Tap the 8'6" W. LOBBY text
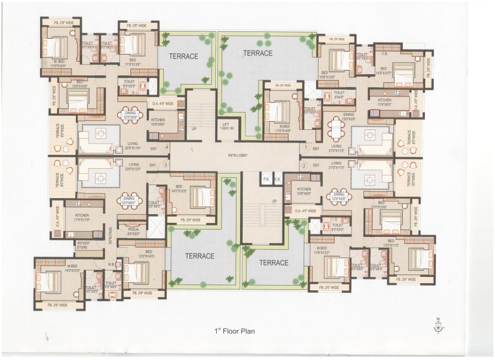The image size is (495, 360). click(x=235, y=154)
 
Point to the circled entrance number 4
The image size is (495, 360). click(x=166, y=147)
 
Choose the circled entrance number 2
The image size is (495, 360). click(x=304, y=166)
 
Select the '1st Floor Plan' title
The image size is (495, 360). click(x=235, y=331)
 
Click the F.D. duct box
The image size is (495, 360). click(x=267, y=178)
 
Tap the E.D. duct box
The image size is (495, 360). click(x=277, y=178)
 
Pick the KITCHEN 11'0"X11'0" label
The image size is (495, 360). click(x=83, y=217)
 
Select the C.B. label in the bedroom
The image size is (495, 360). click(x=384, y=54)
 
